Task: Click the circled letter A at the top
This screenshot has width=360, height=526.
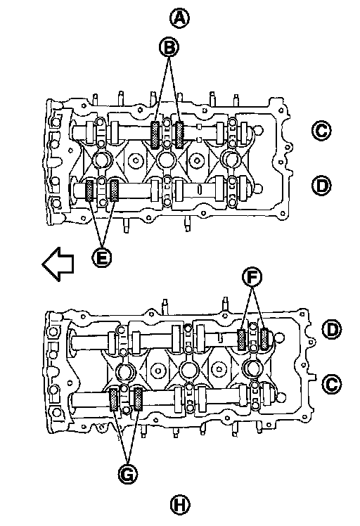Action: [x=179, y=18]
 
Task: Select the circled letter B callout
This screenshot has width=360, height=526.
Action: [x=169, y=47]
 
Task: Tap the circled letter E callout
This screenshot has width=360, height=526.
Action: [x=102, y=257]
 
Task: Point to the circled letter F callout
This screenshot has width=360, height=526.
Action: [x=252, y=277]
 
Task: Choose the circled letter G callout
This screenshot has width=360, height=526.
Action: [x=128, y=474]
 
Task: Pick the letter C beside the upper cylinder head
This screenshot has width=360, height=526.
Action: [x=321, y=131]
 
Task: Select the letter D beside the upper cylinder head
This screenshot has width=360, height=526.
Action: [x=321, y=186]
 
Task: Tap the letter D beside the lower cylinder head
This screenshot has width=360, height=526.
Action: [x=332, y=330]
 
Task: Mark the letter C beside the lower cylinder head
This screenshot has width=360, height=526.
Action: [x=332, y=384]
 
